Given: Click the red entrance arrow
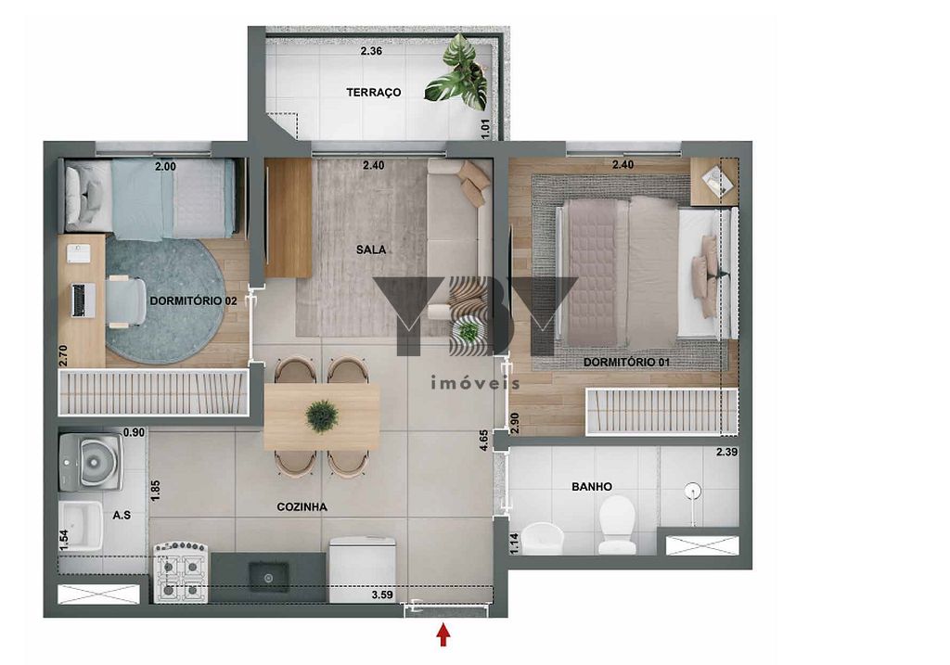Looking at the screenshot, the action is [443, 635].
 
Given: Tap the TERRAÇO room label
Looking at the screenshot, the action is [374, 92].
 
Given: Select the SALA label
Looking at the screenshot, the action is [371, 249].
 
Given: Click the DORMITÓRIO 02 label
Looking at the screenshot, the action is [193, 301].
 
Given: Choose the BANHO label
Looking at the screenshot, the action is [592, 486].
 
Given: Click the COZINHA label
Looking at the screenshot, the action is [302, 507].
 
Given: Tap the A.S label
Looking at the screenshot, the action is [122, 515].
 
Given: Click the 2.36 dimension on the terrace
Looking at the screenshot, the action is [371, 51].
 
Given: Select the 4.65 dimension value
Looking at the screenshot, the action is [483, 441].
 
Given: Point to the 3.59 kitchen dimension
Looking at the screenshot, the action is [382, 595].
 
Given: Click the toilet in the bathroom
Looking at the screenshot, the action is [617, 525].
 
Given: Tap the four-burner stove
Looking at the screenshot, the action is [181, 573].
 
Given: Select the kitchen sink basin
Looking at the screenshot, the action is [268, 580].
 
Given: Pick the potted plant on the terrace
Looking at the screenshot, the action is [458, 74].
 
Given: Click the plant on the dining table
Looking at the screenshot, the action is [322, 416].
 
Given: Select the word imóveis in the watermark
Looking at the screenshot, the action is [475, 383].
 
